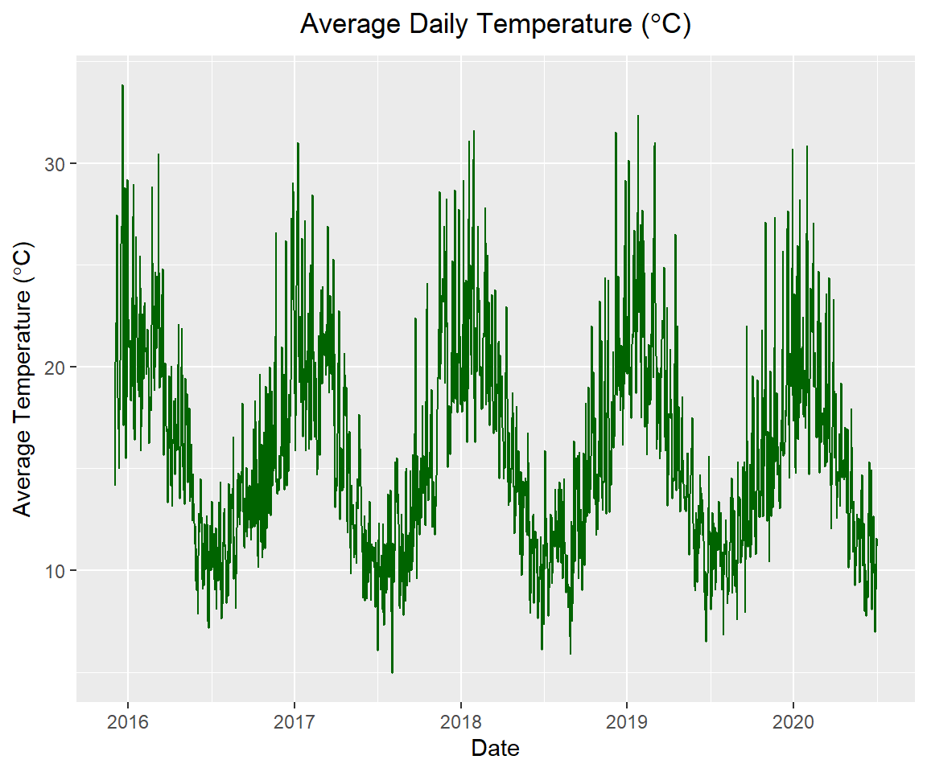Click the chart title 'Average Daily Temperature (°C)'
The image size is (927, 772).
tap(495, 25)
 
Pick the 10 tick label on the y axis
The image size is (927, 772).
tap(53, 571)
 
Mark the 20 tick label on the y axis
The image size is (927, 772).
tap(53, 368)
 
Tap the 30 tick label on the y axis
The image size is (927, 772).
tap(53, 164)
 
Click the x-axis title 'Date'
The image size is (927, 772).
tap(495, 749)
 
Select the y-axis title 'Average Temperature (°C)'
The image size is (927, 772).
tap(23, 379)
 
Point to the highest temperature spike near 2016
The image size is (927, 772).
tap(122, 85)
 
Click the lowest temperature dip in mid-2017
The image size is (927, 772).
tap(392, 671)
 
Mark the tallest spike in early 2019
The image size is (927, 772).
tap(637, 116)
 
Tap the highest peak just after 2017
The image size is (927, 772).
tap(298, 144)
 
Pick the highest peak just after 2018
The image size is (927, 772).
tap(474, 131)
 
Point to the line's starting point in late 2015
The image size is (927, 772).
tap(115, 484)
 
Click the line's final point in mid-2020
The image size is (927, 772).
tap(877, 540)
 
